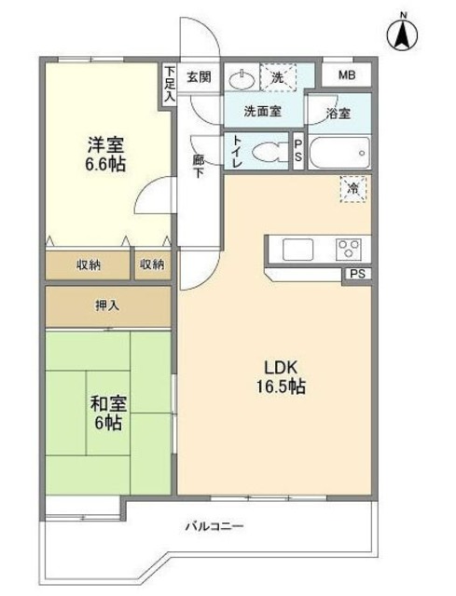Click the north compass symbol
[403, 35]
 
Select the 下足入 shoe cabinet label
[169, 82]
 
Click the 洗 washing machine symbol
[279, 77]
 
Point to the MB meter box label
[346, 75]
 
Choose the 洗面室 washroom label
[263, 111]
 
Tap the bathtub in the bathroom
[339, 152]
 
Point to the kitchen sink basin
[298, 248]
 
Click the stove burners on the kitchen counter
[350, 248]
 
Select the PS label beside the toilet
[297, 150]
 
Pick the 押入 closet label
[107, 305]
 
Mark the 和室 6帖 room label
[109, 413]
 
